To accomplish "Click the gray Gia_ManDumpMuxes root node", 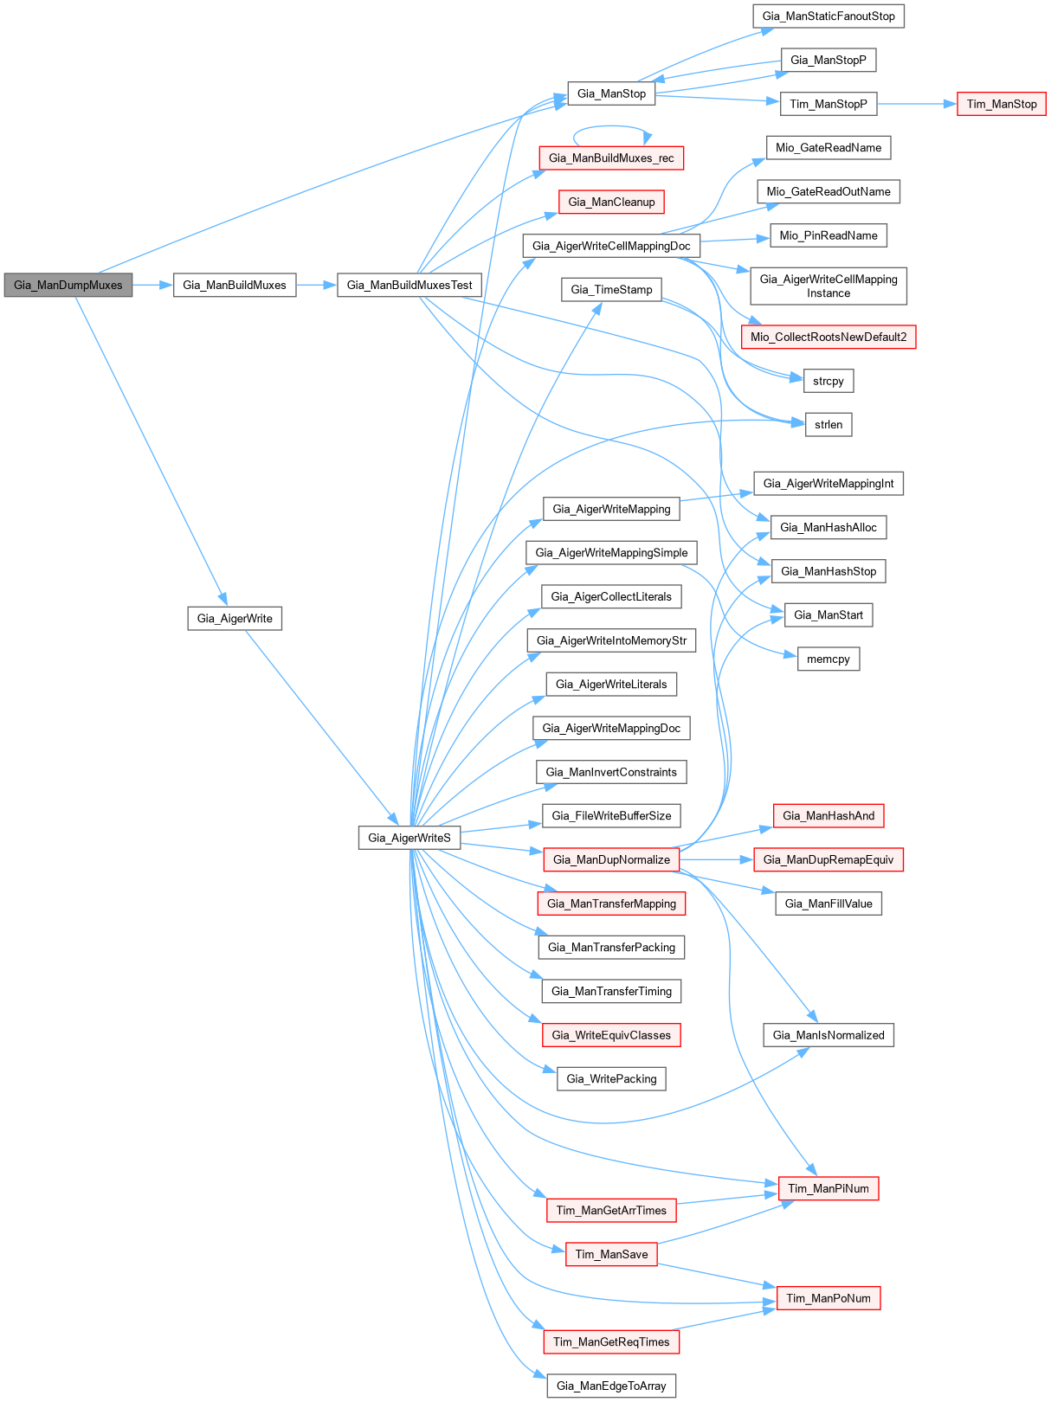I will point(68,285).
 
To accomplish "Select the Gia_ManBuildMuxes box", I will point(235,285).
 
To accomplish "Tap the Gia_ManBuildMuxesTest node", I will point(409,285).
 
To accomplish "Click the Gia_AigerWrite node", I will point(235,618).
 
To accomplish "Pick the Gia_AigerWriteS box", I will point(409,837).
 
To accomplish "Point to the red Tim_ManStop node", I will point(1002,104).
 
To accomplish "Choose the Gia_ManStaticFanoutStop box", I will point(829,16).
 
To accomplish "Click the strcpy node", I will point(829,381).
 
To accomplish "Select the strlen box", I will point(829,424).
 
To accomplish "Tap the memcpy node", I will point(829,659).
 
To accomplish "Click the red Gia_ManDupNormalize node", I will point(611,859).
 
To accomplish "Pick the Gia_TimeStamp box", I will point(611,289).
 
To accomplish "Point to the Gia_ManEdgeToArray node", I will point(611,1386).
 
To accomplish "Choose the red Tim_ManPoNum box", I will point(829,1298).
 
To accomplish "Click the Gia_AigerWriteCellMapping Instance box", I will point(829,286).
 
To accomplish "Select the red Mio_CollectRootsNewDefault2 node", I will point(829,337).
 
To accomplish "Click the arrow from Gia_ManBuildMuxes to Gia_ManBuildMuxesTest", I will point(316,285).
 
